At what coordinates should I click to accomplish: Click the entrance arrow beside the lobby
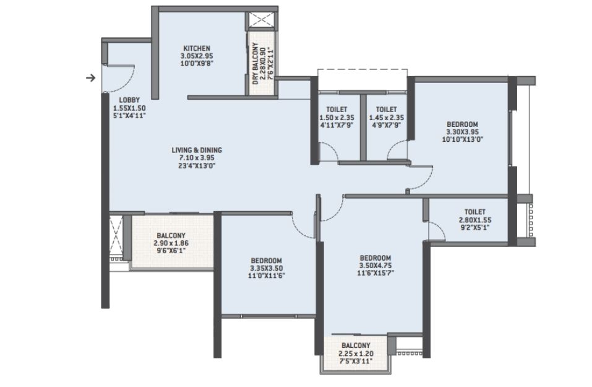90,78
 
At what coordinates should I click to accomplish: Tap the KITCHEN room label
197,48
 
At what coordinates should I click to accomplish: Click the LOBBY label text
129,100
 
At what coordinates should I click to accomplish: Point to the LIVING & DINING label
197,150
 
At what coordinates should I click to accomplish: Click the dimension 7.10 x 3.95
197,158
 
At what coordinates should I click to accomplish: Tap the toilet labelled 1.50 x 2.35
337,118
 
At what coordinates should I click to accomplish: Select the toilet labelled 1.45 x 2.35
386,118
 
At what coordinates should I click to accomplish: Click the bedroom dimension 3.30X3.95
463,132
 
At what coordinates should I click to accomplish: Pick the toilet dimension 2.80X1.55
475,220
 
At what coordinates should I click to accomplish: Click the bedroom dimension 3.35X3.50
266,268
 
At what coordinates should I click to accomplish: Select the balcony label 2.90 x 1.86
171,243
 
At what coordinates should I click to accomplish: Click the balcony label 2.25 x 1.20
356,354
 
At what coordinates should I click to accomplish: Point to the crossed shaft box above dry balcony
263,20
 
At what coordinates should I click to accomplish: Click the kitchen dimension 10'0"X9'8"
197,64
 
